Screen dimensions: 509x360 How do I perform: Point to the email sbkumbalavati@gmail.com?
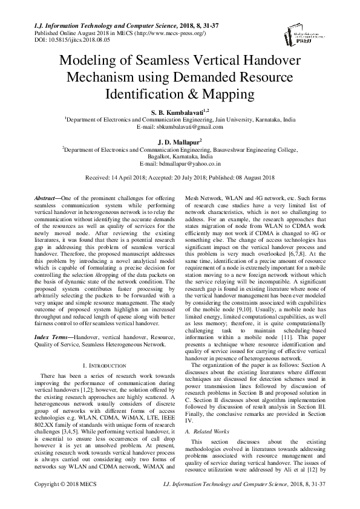click(188, 127)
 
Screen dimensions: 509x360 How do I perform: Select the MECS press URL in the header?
click(141, 31)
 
